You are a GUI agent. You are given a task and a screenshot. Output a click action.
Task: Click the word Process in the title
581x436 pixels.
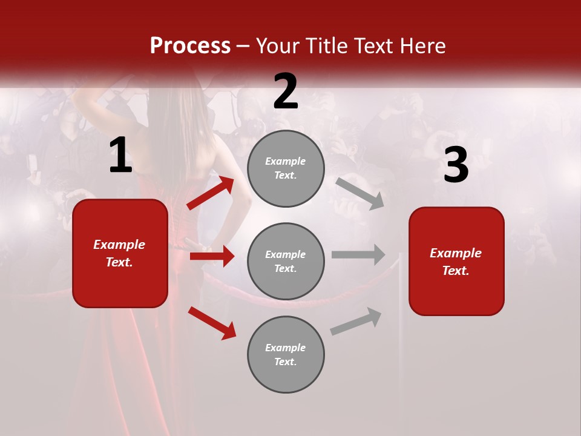[x=190, y=45]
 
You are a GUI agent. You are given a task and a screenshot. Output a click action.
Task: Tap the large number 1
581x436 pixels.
[x=120, y=156]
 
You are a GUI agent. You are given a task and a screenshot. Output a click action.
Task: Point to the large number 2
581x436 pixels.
[x=286, y=91]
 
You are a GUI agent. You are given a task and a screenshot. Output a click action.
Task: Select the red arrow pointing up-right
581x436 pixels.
[x=211, y=193]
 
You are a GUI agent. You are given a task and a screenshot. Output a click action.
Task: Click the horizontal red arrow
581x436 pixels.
[x=212, y=256]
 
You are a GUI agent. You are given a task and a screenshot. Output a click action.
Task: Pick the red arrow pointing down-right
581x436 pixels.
[x=212, y=323]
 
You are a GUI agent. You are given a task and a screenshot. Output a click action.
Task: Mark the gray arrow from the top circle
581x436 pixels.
[x=360, y=194]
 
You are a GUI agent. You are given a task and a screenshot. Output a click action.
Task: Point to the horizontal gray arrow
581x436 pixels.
[x=358, y=254]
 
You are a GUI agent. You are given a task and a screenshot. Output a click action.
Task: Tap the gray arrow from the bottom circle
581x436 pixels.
[x=356, y=321]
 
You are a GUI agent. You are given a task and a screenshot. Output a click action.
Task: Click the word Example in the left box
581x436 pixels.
[x=119, y=245]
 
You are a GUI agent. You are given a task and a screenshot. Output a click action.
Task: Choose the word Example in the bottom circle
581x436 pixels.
[x=286, y=348]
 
